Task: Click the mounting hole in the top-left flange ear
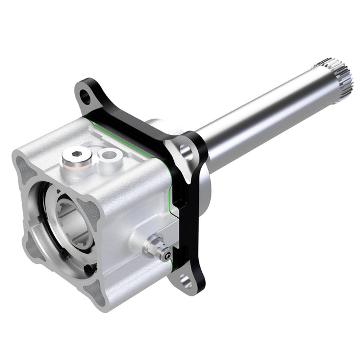click(x=85, y=95)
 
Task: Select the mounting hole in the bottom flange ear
click(x=185, y=281)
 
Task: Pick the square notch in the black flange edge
click(x=178, y=203)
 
